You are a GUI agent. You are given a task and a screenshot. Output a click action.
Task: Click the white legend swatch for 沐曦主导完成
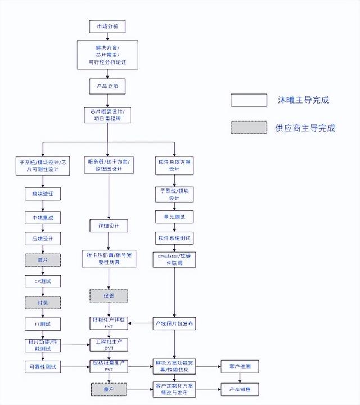click(249, 100)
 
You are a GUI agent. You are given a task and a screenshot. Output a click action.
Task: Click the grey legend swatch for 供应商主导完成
click(249, 128)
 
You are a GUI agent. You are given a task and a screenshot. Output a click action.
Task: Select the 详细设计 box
click(109, 226)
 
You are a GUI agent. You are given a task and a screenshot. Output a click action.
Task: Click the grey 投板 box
click(109, 295)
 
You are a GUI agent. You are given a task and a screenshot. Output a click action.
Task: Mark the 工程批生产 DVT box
click(109, 345)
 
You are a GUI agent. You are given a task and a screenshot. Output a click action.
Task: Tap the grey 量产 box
click(109, 388)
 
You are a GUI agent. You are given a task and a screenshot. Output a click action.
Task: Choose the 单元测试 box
click(174, 217)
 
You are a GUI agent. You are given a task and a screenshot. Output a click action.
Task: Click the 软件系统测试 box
click(174, 238)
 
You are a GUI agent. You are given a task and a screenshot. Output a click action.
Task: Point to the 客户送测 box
click(240, 367)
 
